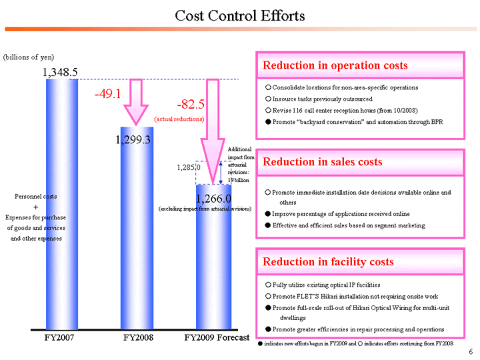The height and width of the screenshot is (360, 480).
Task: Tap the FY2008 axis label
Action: pos(138,337)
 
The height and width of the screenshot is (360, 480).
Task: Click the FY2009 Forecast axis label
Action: pos(216,337)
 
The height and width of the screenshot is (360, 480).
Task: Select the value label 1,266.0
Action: pos(213,198)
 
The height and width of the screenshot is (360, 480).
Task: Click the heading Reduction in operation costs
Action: pos(335,65)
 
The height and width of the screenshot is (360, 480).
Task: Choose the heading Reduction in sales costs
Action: pos(323,162)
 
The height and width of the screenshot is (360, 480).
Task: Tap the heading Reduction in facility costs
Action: pos(328,261)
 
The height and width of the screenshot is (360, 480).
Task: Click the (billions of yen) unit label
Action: pos(29,57)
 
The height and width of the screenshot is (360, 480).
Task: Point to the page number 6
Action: pos(471,351)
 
